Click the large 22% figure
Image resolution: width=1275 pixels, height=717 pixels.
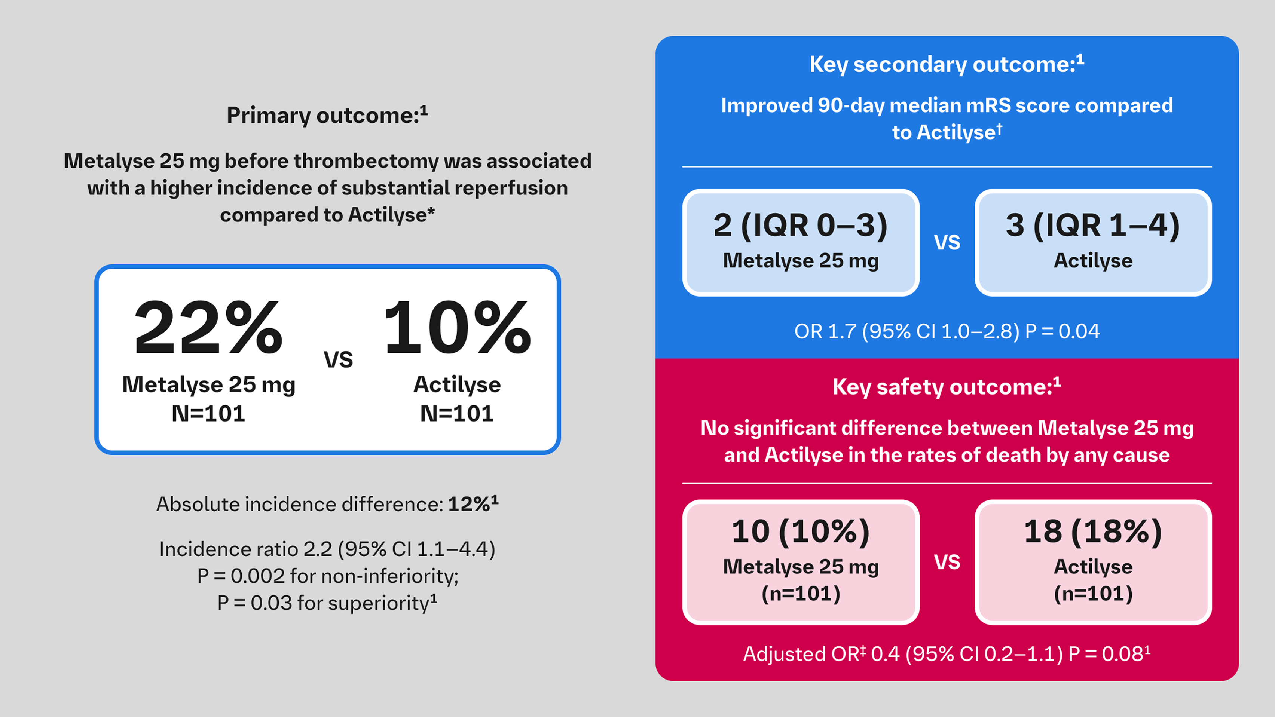(208, 328)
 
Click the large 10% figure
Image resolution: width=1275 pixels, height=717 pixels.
(457, 328)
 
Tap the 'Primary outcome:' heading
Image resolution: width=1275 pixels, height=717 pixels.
(327, 115)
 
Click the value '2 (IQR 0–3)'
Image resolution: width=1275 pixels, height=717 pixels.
(800, 226)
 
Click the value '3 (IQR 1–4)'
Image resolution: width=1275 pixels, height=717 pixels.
(1093, 226)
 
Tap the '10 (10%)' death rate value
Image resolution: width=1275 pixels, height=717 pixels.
(800, 532)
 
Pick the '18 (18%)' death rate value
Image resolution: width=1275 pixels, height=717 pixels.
(1093, 532)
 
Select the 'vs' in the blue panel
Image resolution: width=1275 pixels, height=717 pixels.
(947, 242)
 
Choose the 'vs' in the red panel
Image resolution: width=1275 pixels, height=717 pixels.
(947, 562)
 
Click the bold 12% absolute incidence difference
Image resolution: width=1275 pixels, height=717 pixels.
(468, 504)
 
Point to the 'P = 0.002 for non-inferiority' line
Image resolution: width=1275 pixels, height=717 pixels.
(328, 576)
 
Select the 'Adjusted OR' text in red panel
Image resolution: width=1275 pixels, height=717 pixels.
(803, 654)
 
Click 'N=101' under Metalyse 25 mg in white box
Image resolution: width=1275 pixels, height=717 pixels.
(208, 414)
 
